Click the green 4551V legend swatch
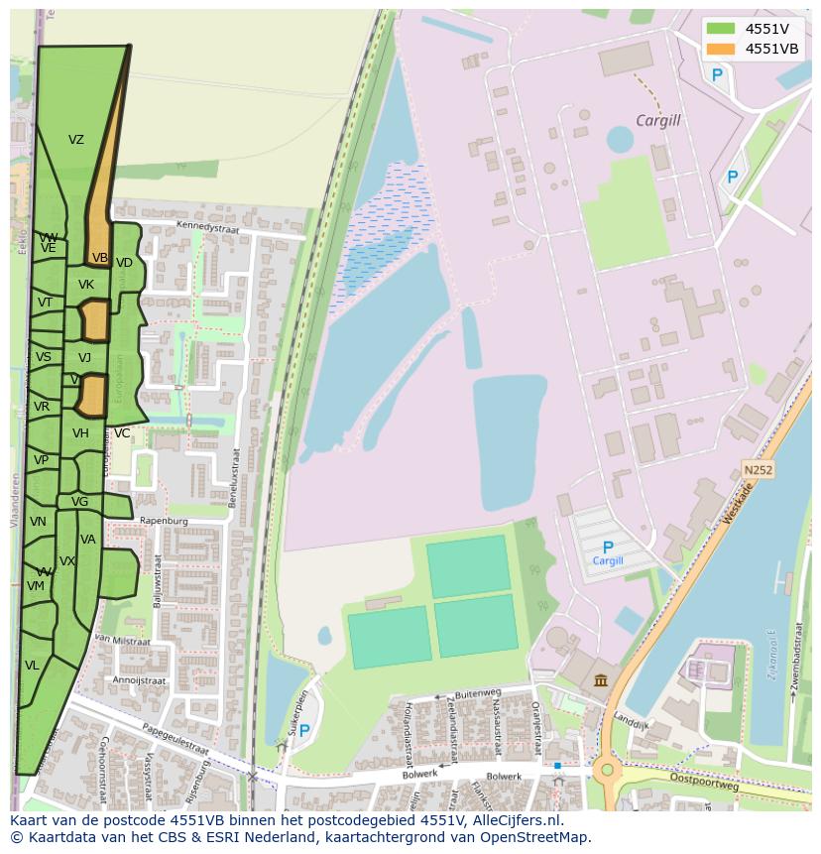tap(720, 29)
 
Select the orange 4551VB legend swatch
tap(720, 49)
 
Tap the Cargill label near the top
tap(658, 121)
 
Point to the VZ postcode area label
tap(76, 140)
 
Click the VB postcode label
tap(100, 258)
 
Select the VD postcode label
tap(124, 263)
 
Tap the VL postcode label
tap(32, 666)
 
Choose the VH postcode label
tap(80, 433)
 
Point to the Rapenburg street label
tap(165, 520)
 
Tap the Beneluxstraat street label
tap(236, 478)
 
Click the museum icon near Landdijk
tap(602, 679)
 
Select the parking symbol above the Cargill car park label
tap(608, 547)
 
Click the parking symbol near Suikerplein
tap(304, 731)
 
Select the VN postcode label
tap(38, 522)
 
